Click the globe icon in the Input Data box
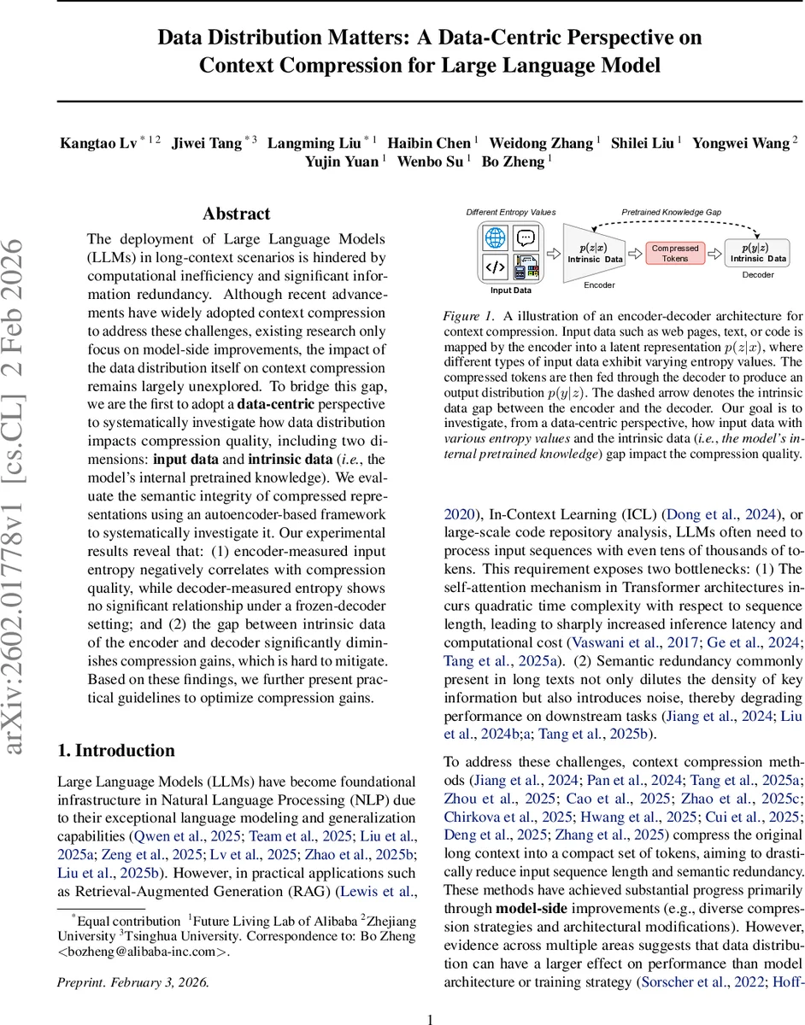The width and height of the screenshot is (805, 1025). [495, 238]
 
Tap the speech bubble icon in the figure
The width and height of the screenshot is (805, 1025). [526, 238]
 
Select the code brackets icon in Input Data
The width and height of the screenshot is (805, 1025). [495, 267]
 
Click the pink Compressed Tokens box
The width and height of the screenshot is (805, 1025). [675, 253]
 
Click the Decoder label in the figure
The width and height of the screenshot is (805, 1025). [758, 275]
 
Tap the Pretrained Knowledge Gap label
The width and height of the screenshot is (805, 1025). [670, 213]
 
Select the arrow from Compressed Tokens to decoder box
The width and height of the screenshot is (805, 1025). [714, 253]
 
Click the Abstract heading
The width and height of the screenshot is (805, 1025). [236, 214]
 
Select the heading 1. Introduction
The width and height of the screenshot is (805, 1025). [115, 750]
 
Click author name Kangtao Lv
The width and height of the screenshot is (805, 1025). [96, 143]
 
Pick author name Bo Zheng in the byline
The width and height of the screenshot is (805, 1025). [512, 162]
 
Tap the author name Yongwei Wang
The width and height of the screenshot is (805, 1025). [740, 143]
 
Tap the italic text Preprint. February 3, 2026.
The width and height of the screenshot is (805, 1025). [132, 982]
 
